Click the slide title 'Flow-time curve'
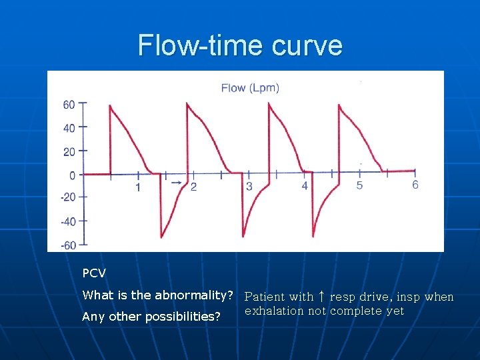point(240,45)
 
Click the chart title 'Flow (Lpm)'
point(250,87)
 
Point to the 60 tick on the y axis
point(69,104)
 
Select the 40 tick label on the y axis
point(69,127)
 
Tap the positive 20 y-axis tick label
point(69,151)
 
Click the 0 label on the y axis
point(72,175)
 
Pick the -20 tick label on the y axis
point(68,197)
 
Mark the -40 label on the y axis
point(68,221)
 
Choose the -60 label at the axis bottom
point(68,245)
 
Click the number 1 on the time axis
point(138,187)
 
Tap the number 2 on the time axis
point(193,187)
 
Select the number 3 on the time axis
point(249,187)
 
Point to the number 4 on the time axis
point(305,186)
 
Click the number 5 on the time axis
point(359,185)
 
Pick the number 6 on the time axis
point(415,185)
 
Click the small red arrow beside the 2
point(176,182)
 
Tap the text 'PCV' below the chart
point(94,273)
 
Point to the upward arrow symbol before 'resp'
point(321,297)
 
